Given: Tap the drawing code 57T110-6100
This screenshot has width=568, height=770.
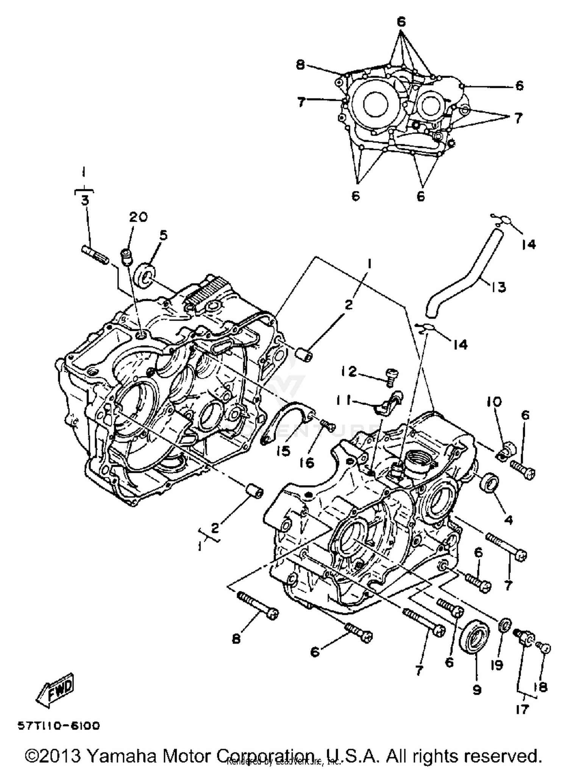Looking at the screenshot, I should tap(59, 726).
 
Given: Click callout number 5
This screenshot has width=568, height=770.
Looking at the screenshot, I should tap(163, 235).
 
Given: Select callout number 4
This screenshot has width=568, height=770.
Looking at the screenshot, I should tap(509, 520).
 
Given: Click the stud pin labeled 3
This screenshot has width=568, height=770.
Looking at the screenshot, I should tap(95, 254).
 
